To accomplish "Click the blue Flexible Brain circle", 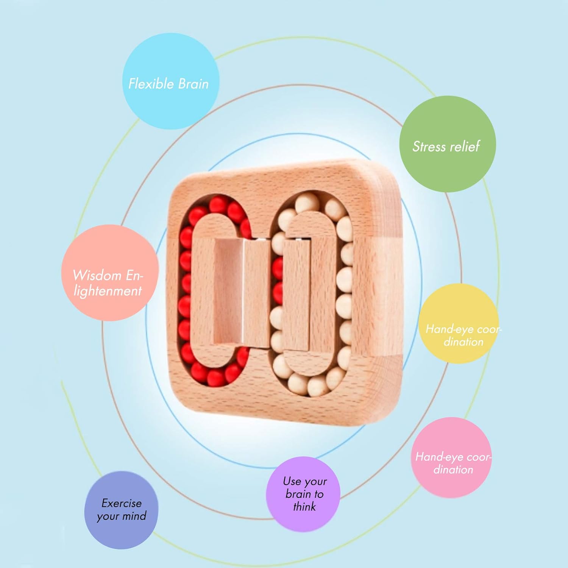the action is coord(171,81).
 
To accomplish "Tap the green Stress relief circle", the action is coord(448,144).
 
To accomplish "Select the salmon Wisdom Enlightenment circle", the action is coord(110,273).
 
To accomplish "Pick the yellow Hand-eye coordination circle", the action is coord(459,324).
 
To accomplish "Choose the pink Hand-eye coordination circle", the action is coord(451,457).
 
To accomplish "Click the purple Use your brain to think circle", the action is coord(303,494).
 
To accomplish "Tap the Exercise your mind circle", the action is coord(121,510).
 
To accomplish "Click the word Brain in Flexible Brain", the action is coord(193,84).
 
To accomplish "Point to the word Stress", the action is coord(429,147).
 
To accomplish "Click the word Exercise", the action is coord(122,503).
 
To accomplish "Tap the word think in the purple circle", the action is coord(304,507).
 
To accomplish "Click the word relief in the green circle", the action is coord(464,146).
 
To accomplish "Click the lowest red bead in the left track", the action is coord(216,378).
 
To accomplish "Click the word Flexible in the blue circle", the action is coord(151,83).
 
